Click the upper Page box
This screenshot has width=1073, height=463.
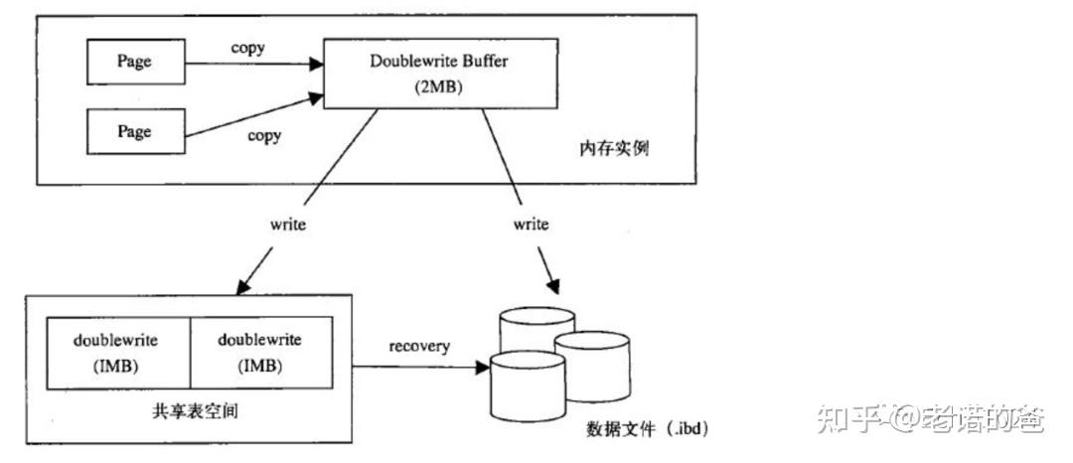click(133, 62)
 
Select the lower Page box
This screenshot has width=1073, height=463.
click(133, 132)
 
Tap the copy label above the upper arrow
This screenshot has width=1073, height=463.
click(247, 48)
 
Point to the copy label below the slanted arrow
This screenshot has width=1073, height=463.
click(263, 135)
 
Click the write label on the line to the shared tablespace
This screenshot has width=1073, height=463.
click(288, 224)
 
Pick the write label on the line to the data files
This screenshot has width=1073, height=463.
click(531, 224)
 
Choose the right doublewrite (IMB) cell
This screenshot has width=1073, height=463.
click(259, 352)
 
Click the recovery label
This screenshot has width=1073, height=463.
click(418, 346)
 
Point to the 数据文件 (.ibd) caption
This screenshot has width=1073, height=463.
click(647, 429)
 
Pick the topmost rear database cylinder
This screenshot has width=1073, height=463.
click(537, 328)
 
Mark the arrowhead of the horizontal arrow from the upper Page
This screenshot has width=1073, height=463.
click(317, 64)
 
